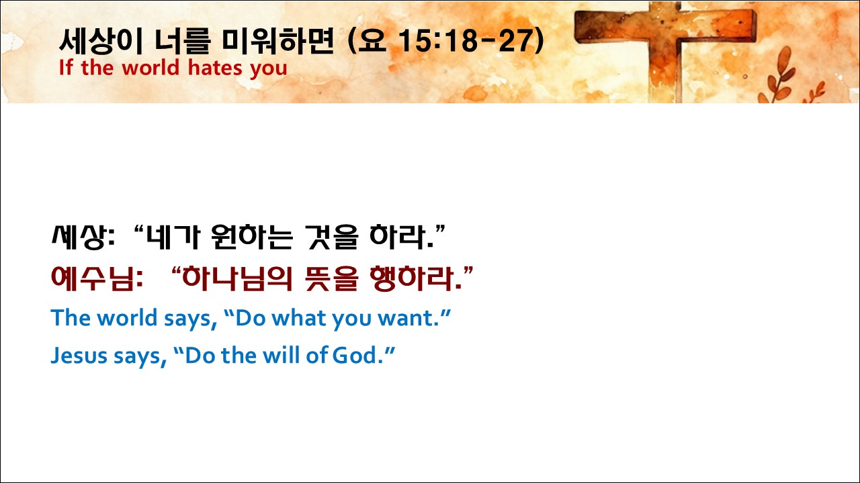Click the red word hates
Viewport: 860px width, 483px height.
[215, 68]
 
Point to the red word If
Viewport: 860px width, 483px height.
[66, 68]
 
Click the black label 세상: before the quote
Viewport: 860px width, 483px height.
[83, 237]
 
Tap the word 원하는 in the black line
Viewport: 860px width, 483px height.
[252, 237]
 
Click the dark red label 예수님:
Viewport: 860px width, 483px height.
[97, 278]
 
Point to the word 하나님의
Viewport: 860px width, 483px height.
[237, 278]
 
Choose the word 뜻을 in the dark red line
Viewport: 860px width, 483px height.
[332, 278]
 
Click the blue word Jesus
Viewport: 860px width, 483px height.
[79, 356]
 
